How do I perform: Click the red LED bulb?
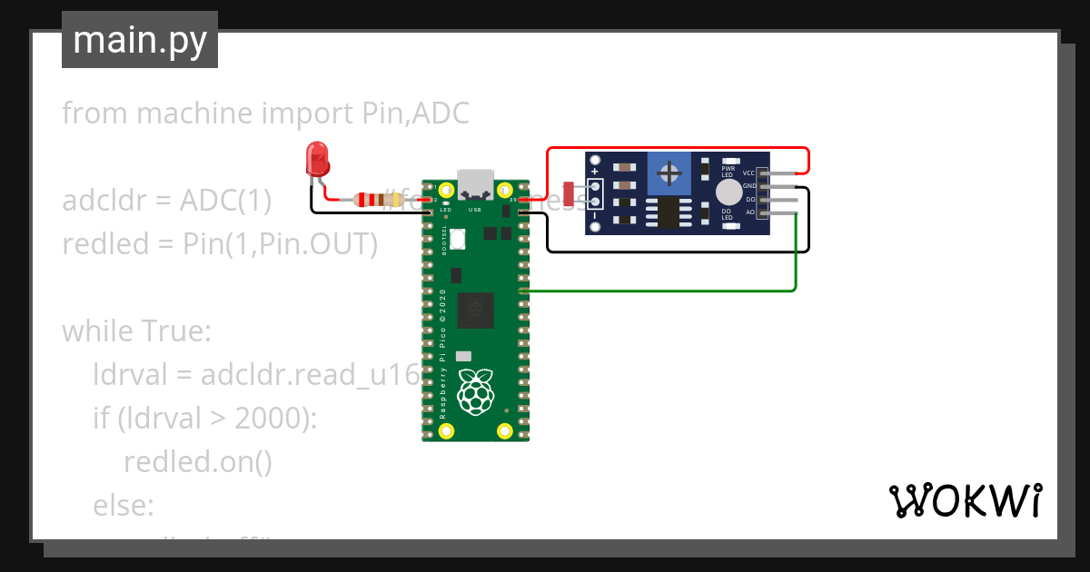click(317, 160)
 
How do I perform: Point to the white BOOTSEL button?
click(458, 240)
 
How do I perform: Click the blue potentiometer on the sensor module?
click(670, 173)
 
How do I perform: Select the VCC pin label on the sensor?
click(748, 173)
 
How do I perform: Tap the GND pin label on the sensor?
click(748, 186)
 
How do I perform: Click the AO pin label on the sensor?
click(749, 212)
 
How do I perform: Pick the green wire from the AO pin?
click(796, 263)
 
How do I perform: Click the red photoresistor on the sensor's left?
click(568, 193)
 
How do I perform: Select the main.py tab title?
click(140, 40)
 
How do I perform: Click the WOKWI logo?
click(965, 500)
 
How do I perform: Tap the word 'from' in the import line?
click(93, 113)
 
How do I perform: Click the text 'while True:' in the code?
click(136, 331)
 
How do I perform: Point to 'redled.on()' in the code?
click(197, 462)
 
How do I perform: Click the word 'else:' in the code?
click(124, 506)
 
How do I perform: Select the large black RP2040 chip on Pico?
click(475, 311)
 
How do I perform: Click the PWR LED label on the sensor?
click(728, 172)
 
